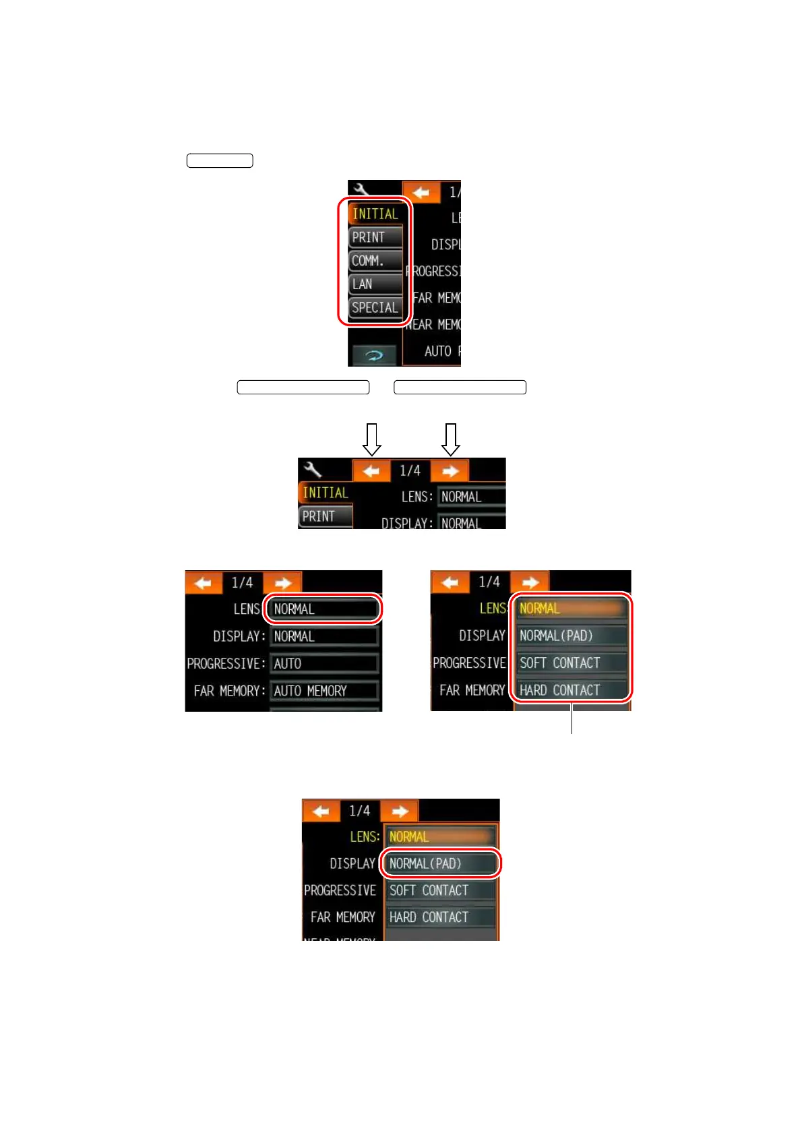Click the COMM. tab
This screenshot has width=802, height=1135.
[375, 261]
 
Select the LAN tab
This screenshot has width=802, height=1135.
[375, 284]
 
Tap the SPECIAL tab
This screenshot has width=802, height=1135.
[375, 308]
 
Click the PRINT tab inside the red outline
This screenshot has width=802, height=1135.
[375, 237]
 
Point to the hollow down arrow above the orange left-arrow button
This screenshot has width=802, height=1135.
[372, 439]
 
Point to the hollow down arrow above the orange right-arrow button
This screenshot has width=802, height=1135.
[451, 439]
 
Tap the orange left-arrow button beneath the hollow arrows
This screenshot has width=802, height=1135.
[371, 471]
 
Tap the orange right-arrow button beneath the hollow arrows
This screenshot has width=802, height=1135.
[450, 471]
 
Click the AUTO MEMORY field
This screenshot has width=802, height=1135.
[324, 691]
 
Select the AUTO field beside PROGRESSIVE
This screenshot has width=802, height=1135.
[324, 664]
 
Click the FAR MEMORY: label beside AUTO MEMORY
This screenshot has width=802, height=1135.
[230, 691]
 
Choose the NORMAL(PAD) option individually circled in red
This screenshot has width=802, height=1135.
[441, 863]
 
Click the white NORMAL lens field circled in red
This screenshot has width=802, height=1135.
[324, 609]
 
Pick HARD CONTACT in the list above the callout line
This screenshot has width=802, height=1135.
[570, 690]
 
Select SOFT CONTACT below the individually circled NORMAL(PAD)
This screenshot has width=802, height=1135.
[441, 890]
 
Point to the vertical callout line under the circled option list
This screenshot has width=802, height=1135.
[572, 718]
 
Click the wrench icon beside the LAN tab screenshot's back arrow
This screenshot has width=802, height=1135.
[361, 189]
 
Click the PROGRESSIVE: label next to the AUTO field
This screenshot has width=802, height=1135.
[226, 664]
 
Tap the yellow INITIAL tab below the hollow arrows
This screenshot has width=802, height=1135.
[325, 493]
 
